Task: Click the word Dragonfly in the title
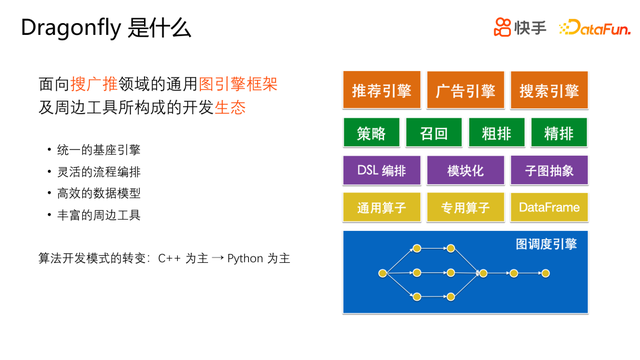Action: click(71, 29)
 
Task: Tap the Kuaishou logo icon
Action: click(502, 27)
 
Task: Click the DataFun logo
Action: click(595, 28)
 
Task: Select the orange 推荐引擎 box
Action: click(382, 90)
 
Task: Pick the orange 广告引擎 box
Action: click(465, 90)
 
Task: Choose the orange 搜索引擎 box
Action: click(549, 90)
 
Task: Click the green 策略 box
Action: click(371, 132)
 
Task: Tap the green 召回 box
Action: click(434, 132)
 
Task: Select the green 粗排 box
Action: click(496, 132)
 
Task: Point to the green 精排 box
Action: click(559, 132)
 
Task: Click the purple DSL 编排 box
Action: click(382, 170)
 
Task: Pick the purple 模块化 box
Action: click(465, 170)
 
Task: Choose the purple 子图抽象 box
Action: click(549, 170)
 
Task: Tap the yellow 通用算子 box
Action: click(382, 208)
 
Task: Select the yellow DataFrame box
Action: click(549, 208)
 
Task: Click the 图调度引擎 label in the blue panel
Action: click(546, 244)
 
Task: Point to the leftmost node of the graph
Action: click(382, 273)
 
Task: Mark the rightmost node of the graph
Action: click(545, 273)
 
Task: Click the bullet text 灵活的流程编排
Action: click(99, 172)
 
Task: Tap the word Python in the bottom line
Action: click(245, 259)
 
